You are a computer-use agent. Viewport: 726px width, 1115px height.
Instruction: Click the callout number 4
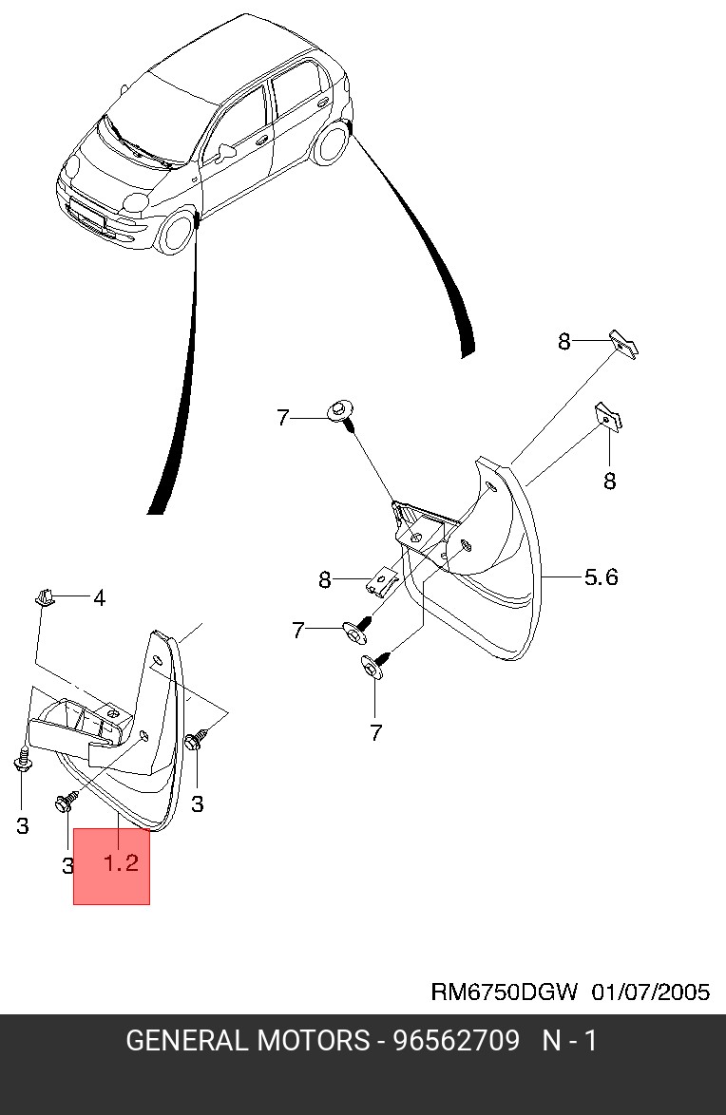pyautogui.click(x=99, y=597)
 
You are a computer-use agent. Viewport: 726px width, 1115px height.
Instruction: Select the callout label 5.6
pyautogui.click(x=601, y=576)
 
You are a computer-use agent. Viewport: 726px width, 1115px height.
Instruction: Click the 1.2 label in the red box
pyautogui.click(x=121, y=862)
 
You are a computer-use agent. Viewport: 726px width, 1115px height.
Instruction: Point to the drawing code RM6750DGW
pyautogui.click(x=504, y=992)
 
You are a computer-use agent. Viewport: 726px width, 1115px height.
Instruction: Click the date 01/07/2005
pyautogui.click(x=651, y=992)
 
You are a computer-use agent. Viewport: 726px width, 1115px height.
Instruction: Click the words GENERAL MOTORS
pyautogui.click(x=247, y=1041)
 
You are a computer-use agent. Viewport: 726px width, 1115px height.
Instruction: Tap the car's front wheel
pyautogui.click(x=176, y=232)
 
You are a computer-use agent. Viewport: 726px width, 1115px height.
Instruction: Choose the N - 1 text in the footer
pyautogui.click(x=569, y=1041)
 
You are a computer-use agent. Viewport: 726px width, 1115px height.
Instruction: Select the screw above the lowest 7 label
pyautogui.click(x=373, y=664)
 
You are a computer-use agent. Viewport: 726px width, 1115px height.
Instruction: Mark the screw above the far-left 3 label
pyautogui.click(x=22, y=761)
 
